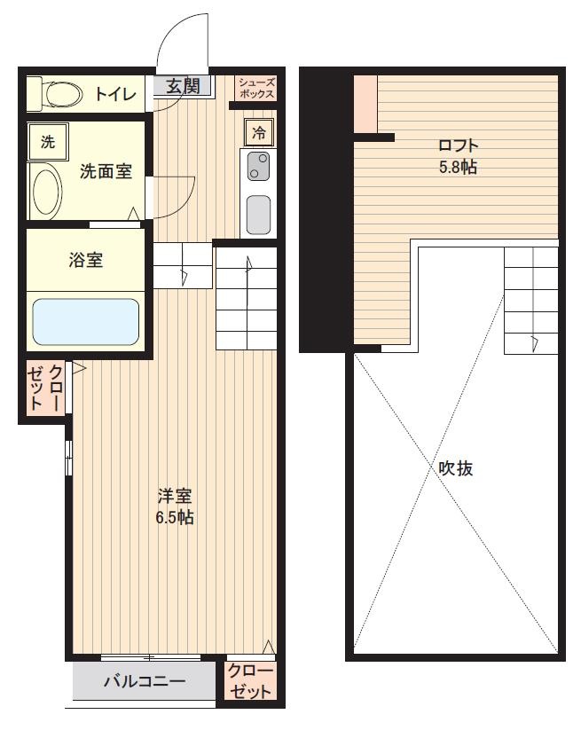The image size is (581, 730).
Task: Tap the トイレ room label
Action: click(116, 95)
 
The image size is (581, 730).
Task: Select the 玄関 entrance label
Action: click(183, 86)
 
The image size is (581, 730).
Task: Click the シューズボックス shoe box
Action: click(256, 88)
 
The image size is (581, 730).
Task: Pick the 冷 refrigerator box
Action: click(259, 132)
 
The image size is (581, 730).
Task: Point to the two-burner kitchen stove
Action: click(258, 167)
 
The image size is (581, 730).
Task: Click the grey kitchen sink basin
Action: click(258, 215)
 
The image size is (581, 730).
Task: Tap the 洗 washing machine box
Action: click(48, 142)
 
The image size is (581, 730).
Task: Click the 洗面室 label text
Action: click(106, 171)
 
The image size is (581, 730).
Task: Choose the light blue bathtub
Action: click(86, 322)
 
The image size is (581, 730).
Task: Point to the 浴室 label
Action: click(86, 259)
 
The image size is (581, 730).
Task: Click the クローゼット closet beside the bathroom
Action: click(45, 388)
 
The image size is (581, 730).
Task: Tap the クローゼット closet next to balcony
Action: click(250, 681)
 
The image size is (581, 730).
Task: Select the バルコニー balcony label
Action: click(145, 681)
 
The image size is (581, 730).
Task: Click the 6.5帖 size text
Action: click(175, 517)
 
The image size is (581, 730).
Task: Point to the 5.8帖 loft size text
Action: click(458, 167)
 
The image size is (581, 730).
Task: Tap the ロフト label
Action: click(459, 145)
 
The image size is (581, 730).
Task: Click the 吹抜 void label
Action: click(456, 467)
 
